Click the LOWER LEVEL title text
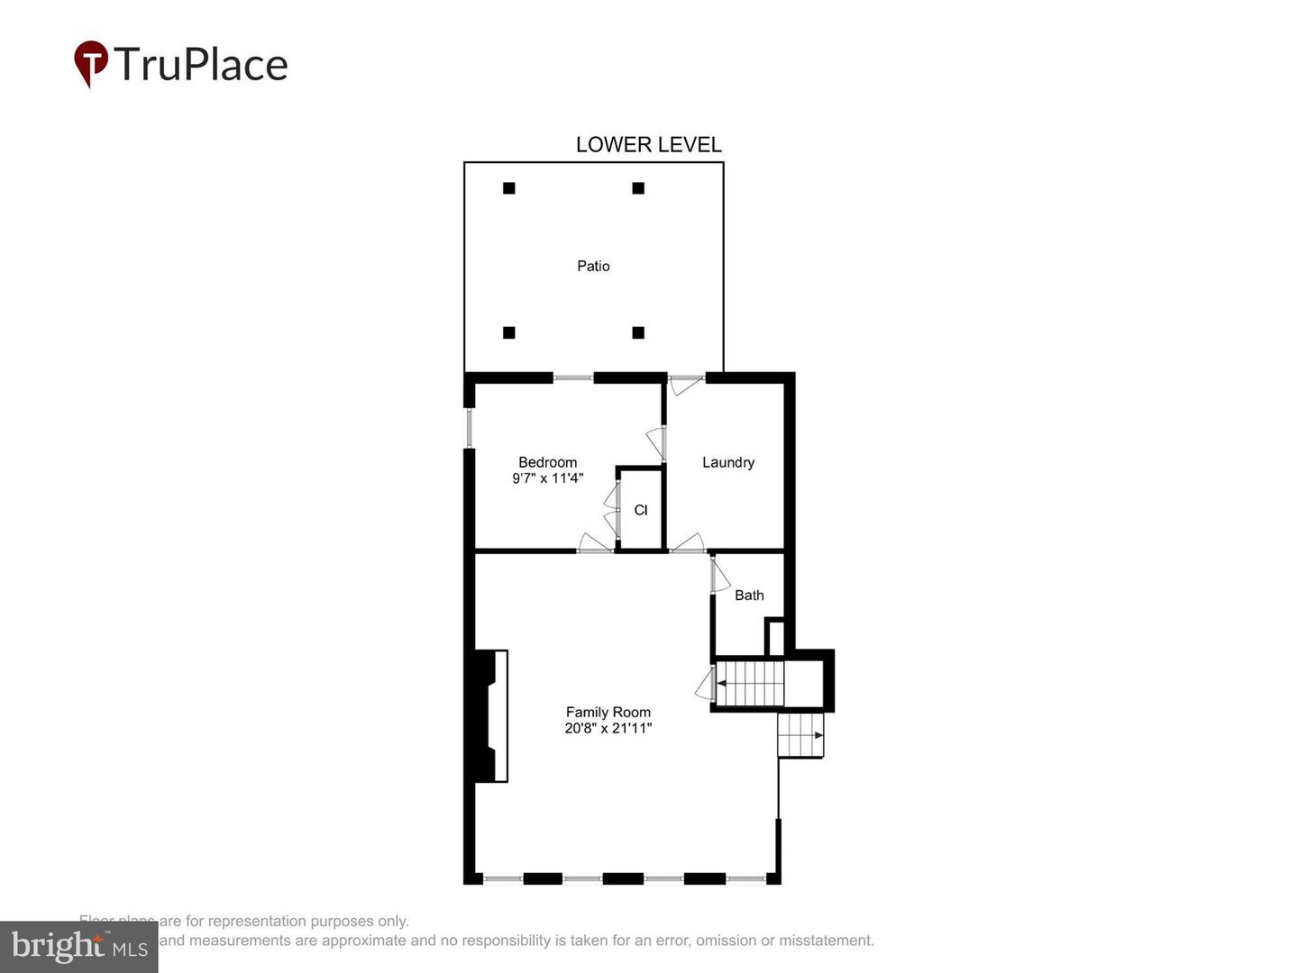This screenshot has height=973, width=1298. tap(648, 145)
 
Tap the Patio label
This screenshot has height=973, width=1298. tap(593, 266)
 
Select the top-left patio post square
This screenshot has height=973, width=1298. tap(509, 188)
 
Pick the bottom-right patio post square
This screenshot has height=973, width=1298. tap(638, 332)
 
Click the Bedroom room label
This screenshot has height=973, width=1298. tap(547, 462)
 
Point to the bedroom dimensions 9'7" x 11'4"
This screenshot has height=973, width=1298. tap(547, 478)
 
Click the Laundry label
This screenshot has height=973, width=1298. tap(728, 462)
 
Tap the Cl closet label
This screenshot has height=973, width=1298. tap(641, 510)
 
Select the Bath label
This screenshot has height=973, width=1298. tap(749, 595)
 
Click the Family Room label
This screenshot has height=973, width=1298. tap(608, 712)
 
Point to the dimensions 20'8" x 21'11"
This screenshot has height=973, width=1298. tap(608, 728)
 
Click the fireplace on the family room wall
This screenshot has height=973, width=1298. tap(491, 715)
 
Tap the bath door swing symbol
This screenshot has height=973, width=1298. tap(719, 577)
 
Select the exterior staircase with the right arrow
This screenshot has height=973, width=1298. tap(800, 735)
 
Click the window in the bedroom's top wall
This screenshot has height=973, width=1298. tap(573, 377)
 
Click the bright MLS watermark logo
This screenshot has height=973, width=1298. tap(79, 946)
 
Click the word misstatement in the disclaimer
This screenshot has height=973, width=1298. tap(827, 941)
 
